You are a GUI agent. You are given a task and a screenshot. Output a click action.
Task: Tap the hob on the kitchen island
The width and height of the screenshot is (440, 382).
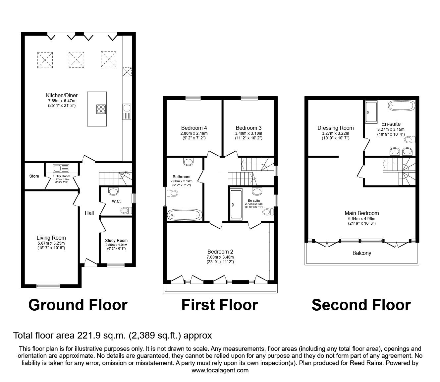pyautogui.click(x=101, y=109)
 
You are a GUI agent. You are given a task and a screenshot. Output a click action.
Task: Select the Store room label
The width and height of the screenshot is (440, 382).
pyautogui.click(x=34, y=176)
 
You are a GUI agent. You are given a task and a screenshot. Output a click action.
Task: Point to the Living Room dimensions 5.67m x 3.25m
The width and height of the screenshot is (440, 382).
pyautogui.click(x=51, y=243)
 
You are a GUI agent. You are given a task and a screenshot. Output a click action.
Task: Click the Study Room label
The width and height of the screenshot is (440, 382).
pyautogui.click(x=116, y=240)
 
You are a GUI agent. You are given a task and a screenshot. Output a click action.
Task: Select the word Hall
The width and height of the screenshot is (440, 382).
pyautogui.click(x=89, y=213)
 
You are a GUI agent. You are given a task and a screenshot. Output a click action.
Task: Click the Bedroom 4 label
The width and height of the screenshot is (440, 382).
pyautogui.click(x=194, y=128)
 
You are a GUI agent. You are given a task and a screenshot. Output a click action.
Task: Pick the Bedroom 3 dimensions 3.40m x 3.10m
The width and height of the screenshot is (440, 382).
pyautogui.click(x=248, y=133)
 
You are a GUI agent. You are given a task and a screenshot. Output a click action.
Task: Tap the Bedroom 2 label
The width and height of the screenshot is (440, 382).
pyautogui.click(x=220, y=252)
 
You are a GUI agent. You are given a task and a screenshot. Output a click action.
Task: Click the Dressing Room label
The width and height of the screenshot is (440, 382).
pyautogui.click(x=335, y=128)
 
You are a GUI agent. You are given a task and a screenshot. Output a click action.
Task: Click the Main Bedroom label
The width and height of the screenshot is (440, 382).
pyautogui.click(x=361, y=213)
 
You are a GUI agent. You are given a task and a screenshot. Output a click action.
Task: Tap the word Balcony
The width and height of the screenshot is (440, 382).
pyautogui.click(x=361, y=253)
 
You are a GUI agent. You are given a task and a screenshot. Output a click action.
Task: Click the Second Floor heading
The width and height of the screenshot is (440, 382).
pyautogui.click(x=361, y=305)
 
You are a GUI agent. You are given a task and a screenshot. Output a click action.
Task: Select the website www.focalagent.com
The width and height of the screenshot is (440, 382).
pyautogui.click(x=220, y=370)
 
